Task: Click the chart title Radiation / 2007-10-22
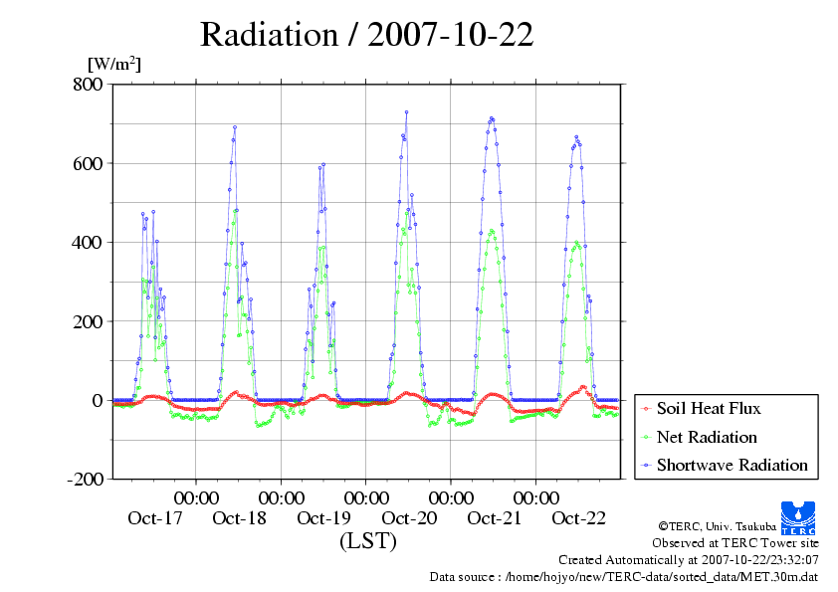coord(366,36)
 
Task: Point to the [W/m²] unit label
coord(114,65)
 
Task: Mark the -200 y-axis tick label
coord(82,480)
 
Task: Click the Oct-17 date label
coord(154,518)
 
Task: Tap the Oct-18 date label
coord(240,518)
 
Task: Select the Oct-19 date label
coord(324,518)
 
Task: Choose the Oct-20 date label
coord(409,518)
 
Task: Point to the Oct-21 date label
coord(494,518)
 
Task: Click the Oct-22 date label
coord(578,518)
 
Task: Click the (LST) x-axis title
coord(367,542)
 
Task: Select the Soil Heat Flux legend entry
coord(709,408)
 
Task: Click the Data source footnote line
coord(623,576)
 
